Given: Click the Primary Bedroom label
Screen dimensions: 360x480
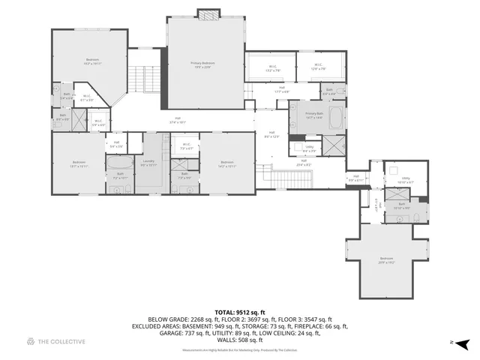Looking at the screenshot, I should point(202,64).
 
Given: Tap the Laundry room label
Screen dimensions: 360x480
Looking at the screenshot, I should point(148,163).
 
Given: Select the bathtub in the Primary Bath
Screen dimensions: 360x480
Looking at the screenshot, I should point(334,118).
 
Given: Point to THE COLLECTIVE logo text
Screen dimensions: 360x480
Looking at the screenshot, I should point(55,342).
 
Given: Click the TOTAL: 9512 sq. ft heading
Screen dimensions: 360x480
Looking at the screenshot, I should point(239,310).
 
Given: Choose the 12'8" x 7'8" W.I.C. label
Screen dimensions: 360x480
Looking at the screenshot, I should point(318,67).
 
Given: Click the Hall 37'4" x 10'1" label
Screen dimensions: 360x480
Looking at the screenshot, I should point(178,119).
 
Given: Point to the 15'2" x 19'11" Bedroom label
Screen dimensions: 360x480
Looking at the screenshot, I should point(92,61).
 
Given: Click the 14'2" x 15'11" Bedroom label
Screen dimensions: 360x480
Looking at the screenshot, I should point(227,164).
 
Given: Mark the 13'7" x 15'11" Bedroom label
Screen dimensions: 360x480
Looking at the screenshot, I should point(79,164).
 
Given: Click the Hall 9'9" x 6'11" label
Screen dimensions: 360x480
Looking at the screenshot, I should point(355,179).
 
